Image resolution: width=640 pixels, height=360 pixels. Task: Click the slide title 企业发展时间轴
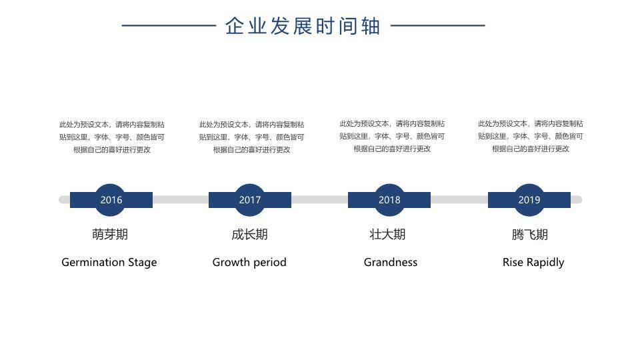pos(303,26)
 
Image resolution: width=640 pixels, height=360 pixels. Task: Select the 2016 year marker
pos(111,199)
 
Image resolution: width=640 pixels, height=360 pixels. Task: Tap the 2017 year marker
pos(250,199)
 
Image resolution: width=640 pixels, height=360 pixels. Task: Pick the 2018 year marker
pos(389,199)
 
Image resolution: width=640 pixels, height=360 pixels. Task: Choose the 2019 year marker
pos(529,199)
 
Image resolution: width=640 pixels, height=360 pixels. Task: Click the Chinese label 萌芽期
pos(110,234)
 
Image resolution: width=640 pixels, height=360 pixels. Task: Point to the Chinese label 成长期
pos(249,234)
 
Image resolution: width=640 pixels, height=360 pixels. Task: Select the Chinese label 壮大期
pos(388,234)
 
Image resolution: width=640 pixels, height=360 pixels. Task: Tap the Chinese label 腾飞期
pos(530,234)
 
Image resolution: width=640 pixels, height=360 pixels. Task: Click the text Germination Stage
pos(109,262)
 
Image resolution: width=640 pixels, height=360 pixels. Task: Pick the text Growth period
pos(249,262)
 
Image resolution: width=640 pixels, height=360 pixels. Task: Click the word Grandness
pos(391,262)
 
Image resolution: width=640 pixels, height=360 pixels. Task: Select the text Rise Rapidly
pos(533,262)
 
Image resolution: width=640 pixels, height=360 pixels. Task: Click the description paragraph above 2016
pos(112,137)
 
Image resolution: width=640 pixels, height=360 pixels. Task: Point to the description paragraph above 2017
pos(251,137)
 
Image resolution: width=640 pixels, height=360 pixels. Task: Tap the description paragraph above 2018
pos(392,136)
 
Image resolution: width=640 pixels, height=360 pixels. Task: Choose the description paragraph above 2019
pos(531,136)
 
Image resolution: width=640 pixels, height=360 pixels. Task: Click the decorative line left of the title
pos(169,27)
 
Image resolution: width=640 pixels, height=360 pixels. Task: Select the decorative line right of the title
pos(437,27)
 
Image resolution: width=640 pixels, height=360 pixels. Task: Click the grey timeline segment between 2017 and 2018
pos(319,199)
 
